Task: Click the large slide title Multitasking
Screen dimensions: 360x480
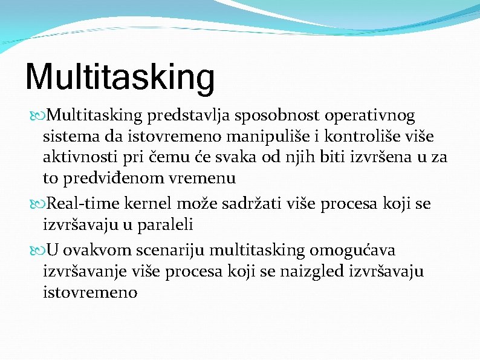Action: pos(120,77)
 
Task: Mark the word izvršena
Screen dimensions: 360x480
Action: pos(378,157)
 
